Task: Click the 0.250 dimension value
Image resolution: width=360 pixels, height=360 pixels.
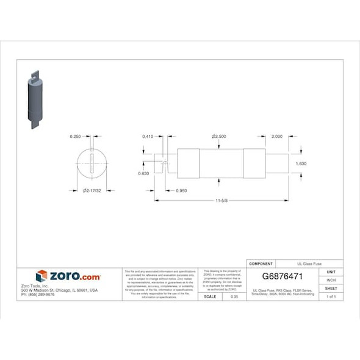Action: [75, 136]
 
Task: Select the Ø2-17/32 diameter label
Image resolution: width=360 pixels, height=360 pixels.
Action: [91, 191]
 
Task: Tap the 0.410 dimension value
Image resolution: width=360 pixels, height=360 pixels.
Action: [147, 136]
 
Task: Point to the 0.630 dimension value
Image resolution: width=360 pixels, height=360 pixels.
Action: [144, 173]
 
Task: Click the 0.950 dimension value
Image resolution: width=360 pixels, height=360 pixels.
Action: [181, 191]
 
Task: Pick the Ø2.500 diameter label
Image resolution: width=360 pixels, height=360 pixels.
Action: [219, 136]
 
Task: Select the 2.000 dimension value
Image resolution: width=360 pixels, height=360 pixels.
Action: [276, 136]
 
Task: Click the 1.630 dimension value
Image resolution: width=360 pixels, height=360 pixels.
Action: [300, 164]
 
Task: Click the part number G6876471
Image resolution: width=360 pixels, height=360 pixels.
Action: [283, 276]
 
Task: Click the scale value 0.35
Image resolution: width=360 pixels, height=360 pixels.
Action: [234, 296]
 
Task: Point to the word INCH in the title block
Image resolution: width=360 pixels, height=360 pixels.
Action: [331, 280]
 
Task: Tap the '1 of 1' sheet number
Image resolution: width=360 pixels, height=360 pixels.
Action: [331, 296]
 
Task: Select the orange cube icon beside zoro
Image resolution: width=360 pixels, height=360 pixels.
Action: [41, 276]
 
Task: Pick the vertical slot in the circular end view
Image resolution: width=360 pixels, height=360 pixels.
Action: [92, 165]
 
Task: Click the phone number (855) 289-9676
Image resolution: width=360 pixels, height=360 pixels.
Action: [38, 295]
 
